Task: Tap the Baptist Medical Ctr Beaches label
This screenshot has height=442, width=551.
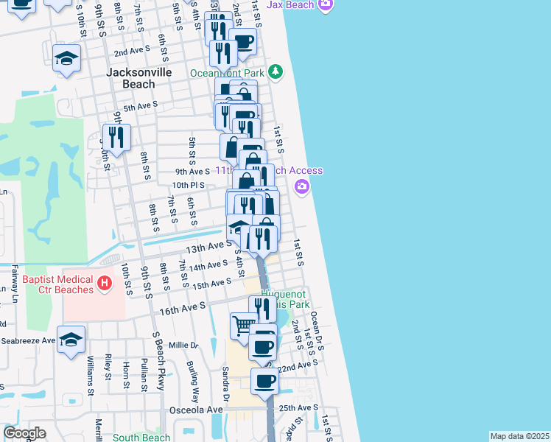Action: tap(57, 284)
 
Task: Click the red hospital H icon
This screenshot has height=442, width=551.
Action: tap(105, 282)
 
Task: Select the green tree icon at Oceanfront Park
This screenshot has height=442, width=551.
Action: tap(275, 71)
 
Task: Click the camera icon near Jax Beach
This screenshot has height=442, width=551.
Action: tap(326, 5)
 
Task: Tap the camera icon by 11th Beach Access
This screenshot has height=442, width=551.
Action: tap(302, 186)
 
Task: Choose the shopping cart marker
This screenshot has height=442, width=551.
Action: tap(244, 325)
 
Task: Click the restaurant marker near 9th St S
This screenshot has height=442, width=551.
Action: tap(116, 137)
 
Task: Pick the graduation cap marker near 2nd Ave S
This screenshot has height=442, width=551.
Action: tap(66, 59)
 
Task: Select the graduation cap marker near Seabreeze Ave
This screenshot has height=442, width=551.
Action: tap(71, 340)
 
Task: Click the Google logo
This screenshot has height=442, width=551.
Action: tap(24, 433)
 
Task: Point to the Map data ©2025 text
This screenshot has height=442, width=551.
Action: tap(519, 436)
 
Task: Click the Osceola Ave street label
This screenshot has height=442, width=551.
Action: tap(203, 410)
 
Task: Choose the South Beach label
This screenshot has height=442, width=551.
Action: tap(141, 438)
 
